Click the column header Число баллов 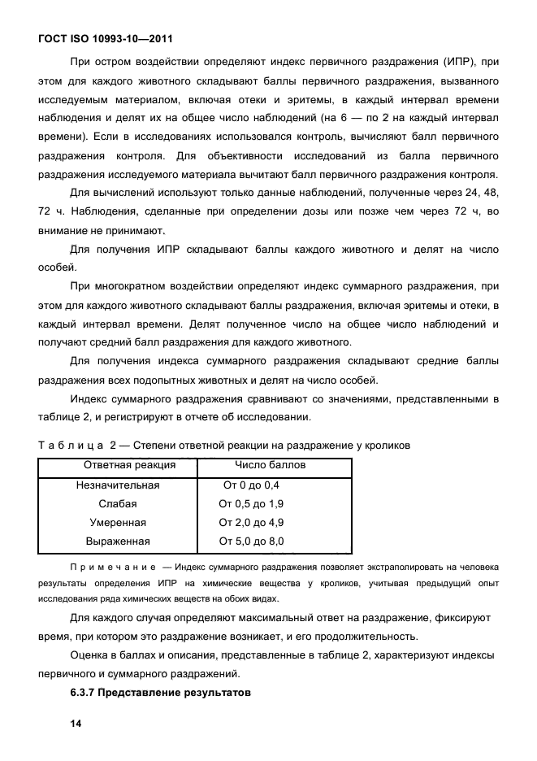pos(270,466)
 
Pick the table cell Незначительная pos(118,485)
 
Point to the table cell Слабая pos(118,504)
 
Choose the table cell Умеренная pos(118,523)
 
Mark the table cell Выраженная pos(118,541)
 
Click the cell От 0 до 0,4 pos(251,485)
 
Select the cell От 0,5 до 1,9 pos(251,504)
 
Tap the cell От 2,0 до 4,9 pos(251,523)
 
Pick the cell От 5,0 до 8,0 pos(251,541)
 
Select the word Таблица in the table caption pos(69,445)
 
